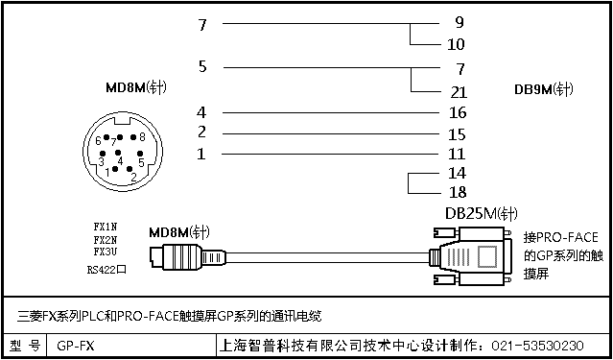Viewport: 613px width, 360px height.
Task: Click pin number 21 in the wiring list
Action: pyautogui.click(x=459, y=92)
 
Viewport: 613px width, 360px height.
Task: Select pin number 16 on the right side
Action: pyautogui.click(x=458, y=112)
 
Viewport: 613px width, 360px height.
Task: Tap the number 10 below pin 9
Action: pyautogui.click(x=456, y=44)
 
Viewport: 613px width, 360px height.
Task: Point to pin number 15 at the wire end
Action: pyautogui.click(x=458, y=134)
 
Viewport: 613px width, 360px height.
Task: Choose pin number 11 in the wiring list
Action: pyautogui.click(x=457, y=154)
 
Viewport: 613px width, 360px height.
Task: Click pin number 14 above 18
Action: pyautogui.click(x=458, y=173)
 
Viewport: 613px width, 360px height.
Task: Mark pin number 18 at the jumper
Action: pyautogui.click(x=458, y=192)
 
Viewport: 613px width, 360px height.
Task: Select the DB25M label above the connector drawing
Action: pyautogui.click(x=482, y=214)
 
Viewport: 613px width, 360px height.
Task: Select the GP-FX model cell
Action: pyautogui.click(x=76, y=346)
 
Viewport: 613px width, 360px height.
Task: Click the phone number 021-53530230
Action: pyautogui.click(x=537, y=346)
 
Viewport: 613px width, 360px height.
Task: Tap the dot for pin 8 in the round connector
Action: pyautogui.click(x=133, y=137)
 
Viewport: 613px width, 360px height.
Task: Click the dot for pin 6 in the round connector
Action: pyautogui.click(x=106, y=138)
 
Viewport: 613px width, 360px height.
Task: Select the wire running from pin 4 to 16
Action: pyautogui.click(x=331, y=112)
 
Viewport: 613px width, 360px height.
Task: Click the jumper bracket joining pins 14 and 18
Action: pyautogui.click(x=409, y=183)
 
